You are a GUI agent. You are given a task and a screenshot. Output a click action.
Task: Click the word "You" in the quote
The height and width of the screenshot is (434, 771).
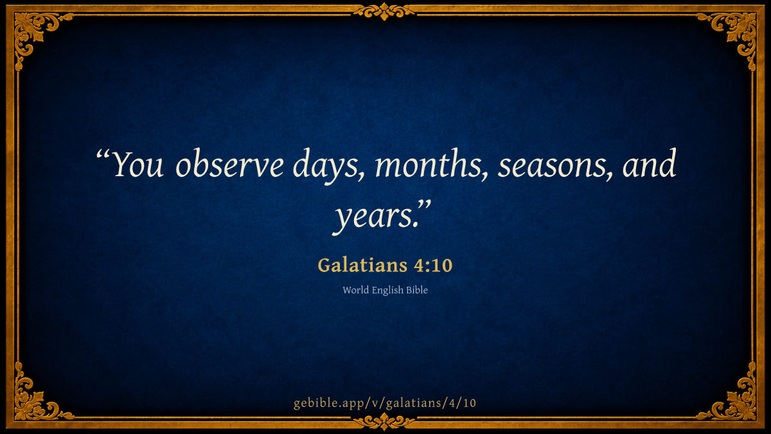137,164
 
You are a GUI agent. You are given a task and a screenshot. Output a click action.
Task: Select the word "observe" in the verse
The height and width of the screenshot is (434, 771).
229,163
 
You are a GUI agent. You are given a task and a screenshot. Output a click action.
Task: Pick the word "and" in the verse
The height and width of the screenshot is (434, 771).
649,163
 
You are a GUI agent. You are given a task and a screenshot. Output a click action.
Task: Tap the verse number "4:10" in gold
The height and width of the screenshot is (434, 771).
433,266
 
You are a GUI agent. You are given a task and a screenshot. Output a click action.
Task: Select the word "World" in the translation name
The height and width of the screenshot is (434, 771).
355,290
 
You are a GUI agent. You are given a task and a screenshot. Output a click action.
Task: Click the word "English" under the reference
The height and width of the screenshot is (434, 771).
387,291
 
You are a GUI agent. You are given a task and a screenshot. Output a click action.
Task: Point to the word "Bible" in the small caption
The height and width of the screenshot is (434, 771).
417,290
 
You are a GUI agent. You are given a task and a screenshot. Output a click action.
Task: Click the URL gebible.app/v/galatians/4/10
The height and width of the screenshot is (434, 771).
385,403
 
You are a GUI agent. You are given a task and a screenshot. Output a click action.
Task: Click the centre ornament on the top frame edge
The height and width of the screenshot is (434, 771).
384,12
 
